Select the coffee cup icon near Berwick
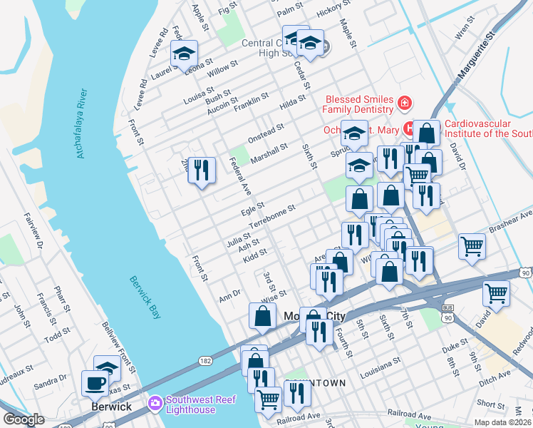(x=95, y=383)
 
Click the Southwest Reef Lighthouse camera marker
(x=155, y=404)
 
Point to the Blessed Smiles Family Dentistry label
(x=359, y=104)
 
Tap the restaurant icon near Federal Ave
(x=202, y=170)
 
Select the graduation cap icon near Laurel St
(x=184, y=53)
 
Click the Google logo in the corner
(x=24, y=419)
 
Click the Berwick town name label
(x=110, y=406)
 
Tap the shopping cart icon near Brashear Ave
(x=472, y=247)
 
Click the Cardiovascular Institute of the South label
(x=487, y=128)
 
